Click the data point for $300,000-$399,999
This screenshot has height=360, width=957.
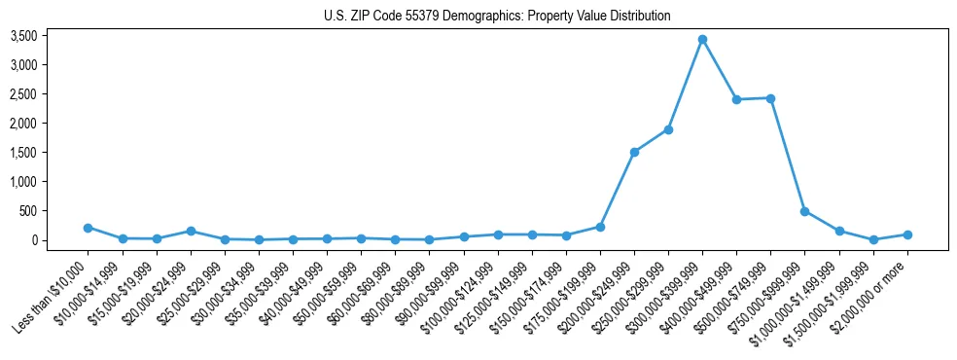pyautogui.click(x=702, y=40)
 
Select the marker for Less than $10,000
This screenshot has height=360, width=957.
pyautogui.click(x=89, y=228)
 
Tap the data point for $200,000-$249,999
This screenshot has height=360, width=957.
pyautogui.click(x=634, y=152)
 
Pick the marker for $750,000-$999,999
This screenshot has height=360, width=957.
pyautogui.click(x=804, y=211)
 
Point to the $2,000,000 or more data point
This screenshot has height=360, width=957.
pyautogui.click(x=906, y=234)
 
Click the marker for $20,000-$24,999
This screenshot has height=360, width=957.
pyautogui.click(x=191, y=231)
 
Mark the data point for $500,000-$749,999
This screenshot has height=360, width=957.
pyautogui.click(x=770, y=98)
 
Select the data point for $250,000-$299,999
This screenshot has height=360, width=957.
pyautogui.click(x=668, y=129)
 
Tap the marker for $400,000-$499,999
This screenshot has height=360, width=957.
pyautogui.click(x=736, y=99)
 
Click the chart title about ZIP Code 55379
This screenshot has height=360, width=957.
pyautogui.click(x=497, y=17)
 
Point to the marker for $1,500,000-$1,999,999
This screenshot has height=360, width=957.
pyautogui.click(x=872, y=239)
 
